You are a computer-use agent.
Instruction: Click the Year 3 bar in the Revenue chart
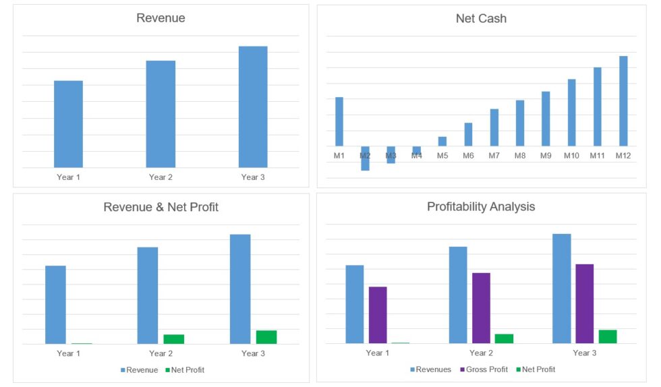point(253,107)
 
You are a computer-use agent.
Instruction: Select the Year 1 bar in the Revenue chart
point(68,124)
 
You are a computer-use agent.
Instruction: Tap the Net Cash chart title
point(481,19)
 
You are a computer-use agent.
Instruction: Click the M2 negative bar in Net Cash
point(365,158)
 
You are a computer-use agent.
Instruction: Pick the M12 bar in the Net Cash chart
point(623,101)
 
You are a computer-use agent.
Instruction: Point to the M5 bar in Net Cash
point(442,142)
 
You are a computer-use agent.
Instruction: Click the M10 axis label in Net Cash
point(571,156)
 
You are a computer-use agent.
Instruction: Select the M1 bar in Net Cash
point(339,121)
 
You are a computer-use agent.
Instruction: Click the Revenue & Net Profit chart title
point(161,207)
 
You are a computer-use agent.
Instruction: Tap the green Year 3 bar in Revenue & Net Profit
point(266,337)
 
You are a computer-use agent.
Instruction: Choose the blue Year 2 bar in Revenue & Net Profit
point(148,295)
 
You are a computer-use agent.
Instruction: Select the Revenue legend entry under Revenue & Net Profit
point(139,370)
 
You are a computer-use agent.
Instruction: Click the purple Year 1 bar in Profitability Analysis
point(378,315)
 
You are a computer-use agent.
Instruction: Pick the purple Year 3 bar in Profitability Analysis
point(584,303)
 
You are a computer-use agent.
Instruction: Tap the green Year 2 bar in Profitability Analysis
point(504,338)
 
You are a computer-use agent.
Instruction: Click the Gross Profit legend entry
point(484,369)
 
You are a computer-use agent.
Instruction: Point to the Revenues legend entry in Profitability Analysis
point(431,369)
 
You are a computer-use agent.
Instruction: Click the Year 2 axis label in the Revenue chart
point(161,177)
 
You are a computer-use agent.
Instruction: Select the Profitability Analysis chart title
point(481,207)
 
